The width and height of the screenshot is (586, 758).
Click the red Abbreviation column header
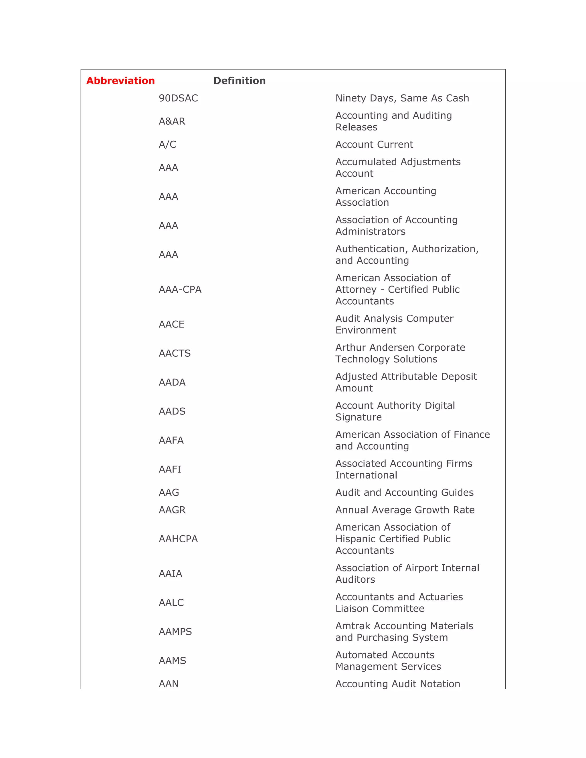click(120, 81)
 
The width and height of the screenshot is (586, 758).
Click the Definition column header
click(239, 81)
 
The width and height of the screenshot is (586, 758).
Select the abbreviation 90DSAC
click(178, 98)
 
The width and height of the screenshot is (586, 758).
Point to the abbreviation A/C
click(167, 144)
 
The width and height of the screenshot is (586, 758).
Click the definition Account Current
click(374, 144)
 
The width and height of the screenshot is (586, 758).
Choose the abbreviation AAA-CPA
click(180, 289)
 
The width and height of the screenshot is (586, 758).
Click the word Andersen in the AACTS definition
click(392, 348)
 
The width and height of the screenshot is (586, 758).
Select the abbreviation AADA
click(172, 382)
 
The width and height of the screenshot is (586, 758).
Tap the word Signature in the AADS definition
click(358, 417)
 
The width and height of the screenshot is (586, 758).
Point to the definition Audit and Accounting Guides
click(404, 493)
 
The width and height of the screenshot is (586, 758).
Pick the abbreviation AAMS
click(172, 660)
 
